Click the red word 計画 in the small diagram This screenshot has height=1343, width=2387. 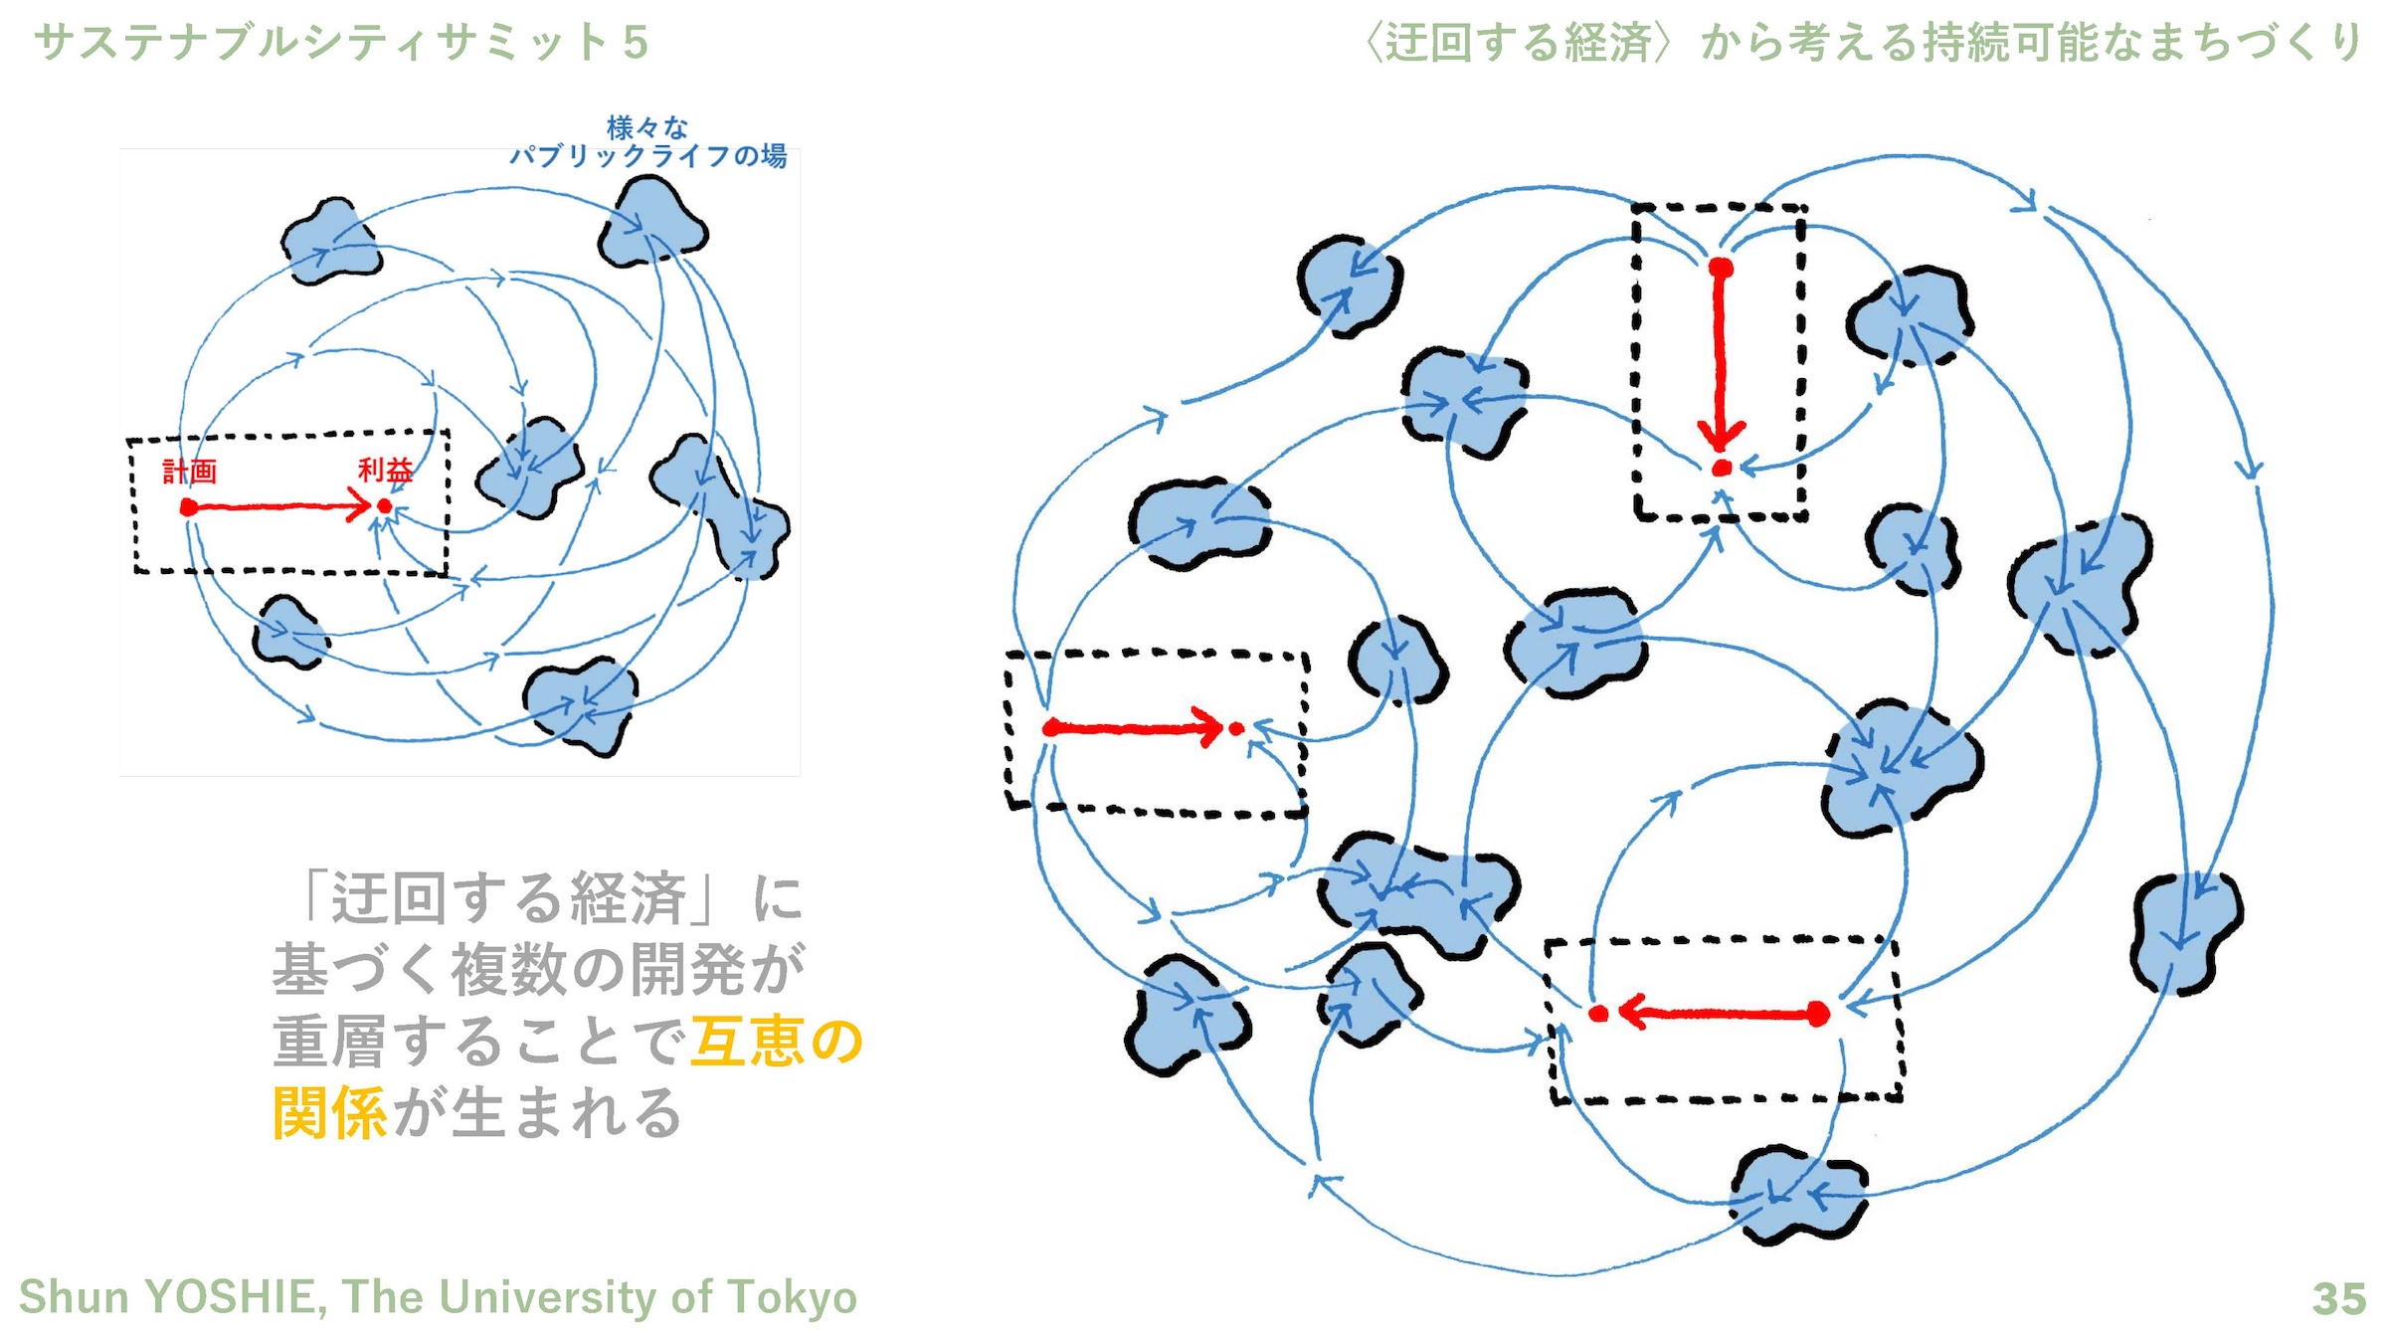(189, 471)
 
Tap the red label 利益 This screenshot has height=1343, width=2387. (385, 470)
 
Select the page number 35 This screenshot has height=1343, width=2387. (2338, 1298)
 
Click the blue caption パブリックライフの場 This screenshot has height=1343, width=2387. (647, 156)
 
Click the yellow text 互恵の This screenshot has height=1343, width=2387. (777, 1042)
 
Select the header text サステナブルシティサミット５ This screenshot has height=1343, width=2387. (341, 43)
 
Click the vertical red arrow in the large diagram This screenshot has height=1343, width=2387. (1721, 358)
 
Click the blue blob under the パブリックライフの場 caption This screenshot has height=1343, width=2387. (651, 224)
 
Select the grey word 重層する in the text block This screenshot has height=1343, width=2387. (388, 1042)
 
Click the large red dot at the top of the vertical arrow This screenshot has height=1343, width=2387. (1721, 268)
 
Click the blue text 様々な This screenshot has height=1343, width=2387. (647, 127)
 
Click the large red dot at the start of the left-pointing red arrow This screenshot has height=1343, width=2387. (1817, 1015)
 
